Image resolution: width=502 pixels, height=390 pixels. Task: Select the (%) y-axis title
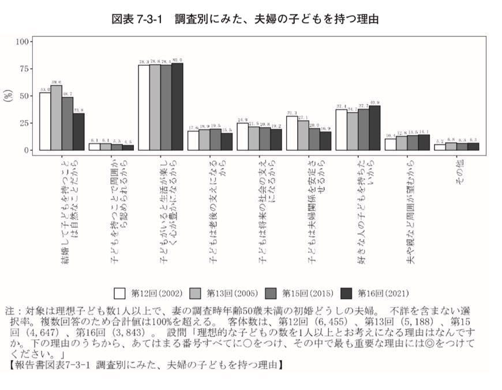coord(8,95)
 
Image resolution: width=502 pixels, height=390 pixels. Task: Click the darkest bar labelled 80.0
coord(177,107)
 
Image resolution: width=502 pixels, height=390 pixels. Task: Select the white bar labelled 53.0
coord(45,121)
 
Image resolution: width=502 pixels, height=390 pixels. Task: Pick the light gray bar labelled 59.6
coord(56,118)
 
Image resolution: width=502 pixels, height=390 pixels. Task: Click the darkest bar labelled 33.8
coord(78,132)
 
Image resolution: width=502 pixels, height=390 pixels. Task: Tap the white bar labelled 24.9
coord(242,136)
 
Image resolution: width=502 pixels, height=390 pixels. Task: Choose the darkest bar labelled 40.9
coord(374,128)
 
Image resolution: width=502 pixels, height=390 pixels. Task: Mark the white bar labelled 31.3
coord(292,133)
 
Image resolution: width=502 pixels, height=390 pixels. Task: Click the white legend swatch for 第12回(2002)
coord(120,292)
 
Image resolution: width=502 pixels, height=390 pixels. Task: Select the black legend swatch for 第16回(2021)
coord(347,292)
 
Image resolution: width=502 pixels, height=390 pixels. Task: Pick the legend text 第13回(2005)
coord(232,292)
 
